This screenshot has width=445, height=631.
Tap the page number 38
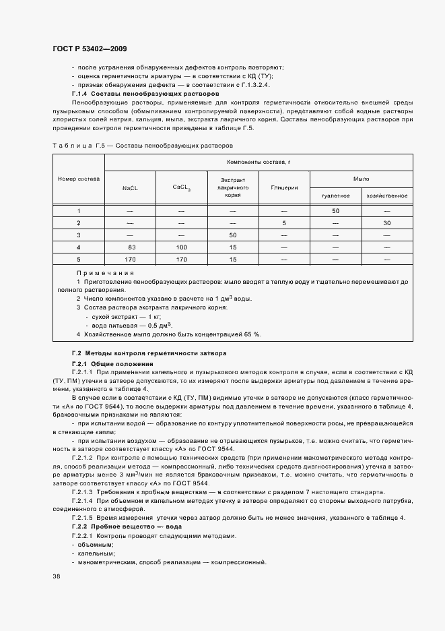click(x=56, y=577)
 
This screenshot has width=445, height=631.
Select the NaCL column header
click(x=130, y=189)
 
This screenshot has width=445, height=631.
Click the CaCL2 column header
click(x=181, y=188)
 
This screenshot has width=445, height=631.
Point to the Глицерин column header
click(x=283, y=189)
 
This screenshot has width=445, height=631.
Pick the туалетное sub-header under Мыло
click(x=335, y=196)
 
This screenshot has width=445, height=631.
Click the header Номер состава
click(x=78, y=179)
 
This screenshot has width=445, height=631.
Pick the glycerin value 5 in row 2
click(x=283, y=222)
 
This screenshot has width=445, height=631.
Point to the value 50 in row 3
click(x=232, y=235)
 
